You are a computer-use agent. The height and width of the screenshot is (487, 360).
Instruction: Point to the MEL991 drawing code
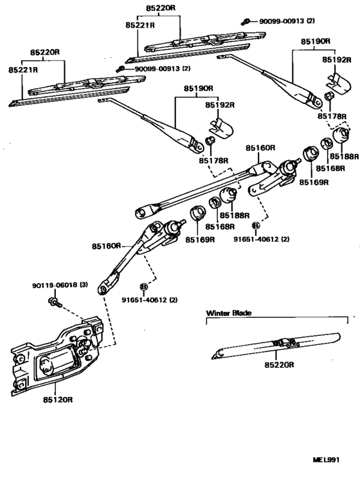326,460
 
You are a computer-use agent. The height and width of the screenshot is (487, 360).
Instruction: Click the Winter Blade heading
228,313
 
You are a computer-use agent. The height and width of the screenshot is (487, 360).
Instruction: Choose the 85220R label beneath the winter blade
278,365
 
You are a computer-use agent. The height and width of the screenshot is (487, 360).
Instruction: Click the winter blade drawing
276,345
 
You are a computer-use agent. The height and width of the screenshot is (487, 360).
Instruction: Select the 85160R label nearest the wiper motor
106,246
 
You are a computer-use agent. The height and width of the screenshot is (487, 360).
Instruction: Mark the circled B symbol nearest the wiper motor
143,286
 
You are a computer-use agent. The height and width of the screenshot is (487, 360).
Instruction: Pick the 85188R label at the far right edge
345,156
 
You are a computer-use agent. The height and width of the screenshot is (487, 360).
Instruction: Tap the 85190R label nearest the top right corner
315,41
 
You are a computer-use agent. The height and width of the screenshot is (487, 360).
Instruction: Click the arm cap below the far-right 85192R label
337,80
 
